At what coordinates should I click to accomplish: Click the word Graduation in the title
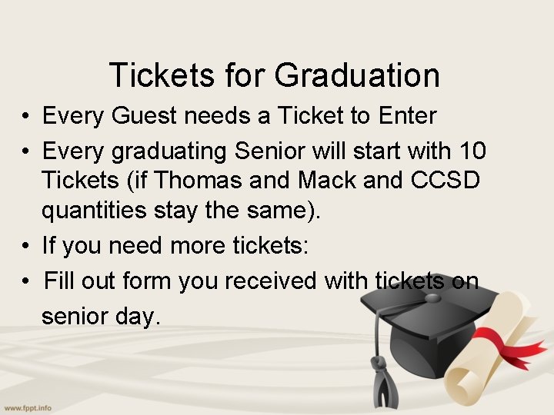[357, 76]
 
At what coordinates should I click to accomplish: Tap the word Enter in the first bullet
[408, 117]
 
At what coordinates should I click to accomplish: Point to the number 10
[471, 151]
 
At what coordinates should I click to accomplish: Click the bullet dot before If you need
[26, 247]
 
